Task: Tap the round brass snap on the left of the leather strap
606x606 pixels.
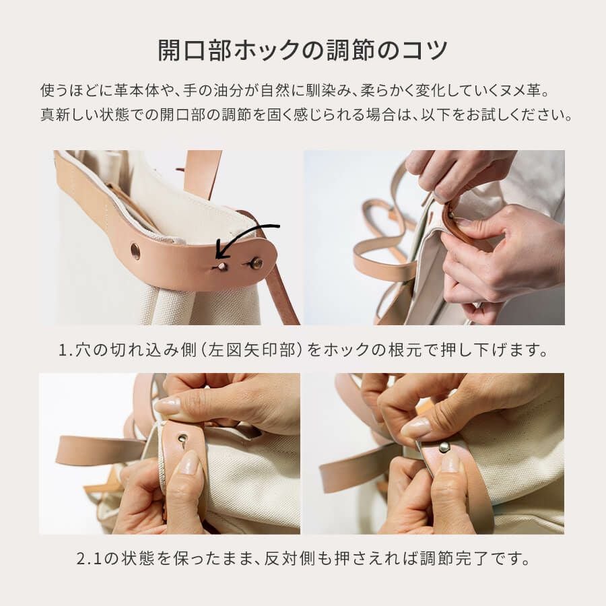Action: point(135,250)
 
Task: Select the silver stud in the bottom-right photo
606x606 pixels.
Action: point(444,448)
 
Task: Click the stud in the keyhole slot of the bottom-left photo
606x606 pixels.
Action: point(182,438)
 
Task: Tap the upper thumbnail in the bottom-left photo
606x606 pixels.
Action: point(168,406)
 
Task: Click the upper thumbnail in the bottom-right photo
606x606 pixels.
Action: point(416,428)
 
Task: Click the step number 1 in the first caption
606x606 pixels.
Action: point(63,350)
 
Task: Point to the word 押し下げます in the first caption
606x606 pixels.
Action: point(490,350)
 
